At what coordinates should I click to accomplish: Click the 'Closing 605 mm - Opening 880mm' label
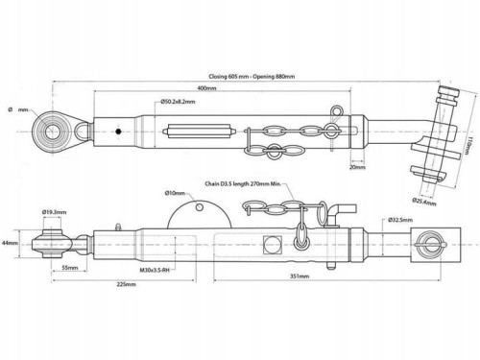pyautogui.click(x=252, y=77)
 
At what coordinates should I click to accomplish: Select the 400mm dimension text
pyautogui.click(x=206, y=88)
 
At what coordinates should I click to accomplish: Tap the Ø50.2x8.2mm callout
pyautogui.click(x=178, y=102)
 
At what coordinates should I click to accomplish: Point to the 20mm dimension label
pyautogui.click(x=357, y=167)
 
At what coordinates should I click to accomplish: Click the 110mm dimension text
pyautogui.click(x=468, y=146)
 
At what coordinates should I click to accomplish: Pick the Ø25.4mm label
pyautogui.click(x=424, y=202)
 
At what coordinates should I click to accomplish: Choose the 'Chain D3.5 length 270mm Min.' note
pyautogui.click(x=243, y=183)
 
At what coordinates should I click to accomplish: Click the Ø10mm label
pyautogui.click(x=175, y=193)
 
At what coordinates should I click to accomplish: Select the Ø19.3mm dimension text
pyautogui.click(x=54, y=212)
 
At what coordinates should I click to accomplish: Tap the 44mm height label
pyautogui.click(x=10, y=243)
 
